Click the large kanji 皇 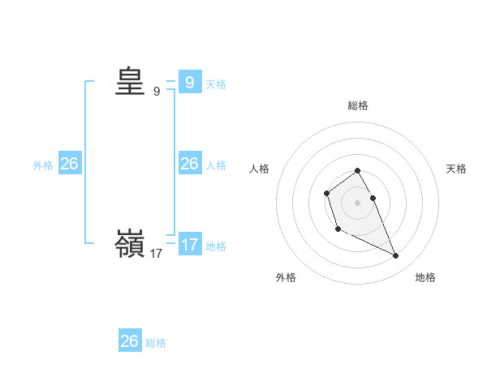(130, 82)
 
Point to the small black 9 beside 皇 (157, 92)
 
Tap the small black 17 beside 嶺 (156, 254)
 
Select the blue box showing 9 (190, 82)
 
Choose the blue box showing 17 (190, 244)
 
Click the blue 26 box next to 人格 (190, 164)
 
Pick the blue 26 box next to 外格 (69, 164)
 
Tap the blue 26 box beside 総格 (130, 341)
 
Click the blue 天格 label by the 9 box (216, 83)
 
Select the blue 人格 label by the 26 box (216, 165)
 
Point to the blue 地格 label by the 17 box (216, 246)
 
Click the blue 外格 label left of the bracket (43, 165)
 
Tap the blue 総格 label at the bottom (156, 343)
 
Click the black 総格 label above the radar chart (358, 105)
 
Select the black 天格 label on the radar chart (456, 169)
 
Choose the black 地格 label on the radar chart (425, 277)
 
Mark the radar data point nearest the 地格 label (396, 256)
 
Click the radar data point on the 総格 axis (357, 170)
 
